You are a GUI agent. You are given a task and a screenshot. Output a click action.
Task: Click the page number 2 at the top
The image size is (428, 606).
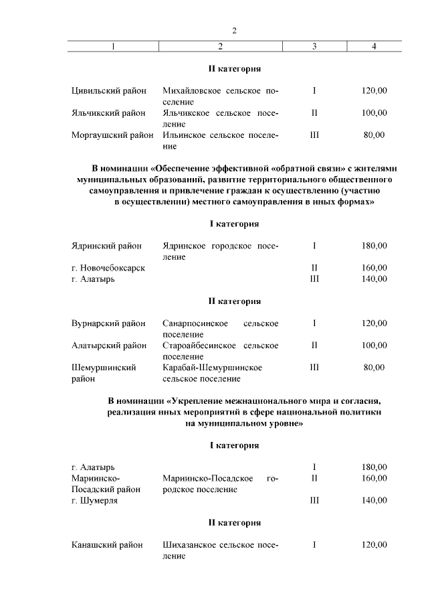pyautogui.click(x=234, y=30)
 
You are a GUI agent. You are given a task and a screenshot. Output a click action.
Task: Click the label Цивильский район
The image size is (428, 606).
pyautogui.click(x=108, y=90)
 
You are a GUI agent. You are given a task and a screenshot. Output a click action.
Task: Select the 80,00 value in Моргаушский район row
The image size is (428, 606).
pyautogui.click(x=374, y=135)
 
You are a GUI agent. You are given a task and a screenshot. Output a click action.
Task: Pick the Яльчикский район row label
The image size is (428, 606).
pyautogui.click(x=108, y=113)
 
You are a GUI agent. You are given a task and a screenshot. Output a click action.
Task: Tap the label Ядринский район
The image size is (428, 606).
pyautogui.click(x=106, y=246)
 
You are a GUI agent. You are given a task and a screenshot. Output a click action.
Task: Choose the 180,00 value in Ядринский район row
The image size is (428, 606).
pyautogui.click(x=374, y=246)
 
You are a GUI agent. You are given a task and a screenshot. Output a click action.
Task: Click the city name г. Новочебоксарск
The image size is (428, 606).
pyautogui.click(x=108, y=268)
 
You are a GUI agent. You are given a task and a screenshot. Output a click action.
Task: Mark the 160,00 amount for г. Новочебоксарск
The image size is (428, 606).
pyautogui.click(x=374, y=268)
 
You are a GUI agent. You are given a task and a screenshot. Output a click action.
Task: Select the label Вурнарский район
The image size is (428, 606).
pyautogui.click(x=108, y=323)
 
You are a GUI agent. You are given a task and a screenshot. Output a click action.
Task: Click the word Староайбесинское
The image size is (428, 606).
pyautogui.click(x=200, y=346)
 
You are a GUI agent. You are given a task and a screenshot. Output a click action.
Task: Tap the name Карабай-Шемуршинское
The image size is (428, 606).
pyautogui.click(x=212, y=368)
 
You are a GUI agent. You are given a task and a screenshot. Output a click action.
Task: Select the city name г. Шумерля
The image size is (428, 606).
pyautogui.click(x=94, y=501)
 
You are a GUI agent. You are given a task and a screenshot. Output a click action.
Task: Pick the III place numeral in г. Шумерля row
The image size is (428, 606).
pyautogui.click(x=314, y=501)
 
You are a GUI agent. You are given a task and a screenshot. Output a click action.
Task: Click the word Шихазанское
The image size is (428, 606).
pyautogui.click(x=192, y=545)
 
